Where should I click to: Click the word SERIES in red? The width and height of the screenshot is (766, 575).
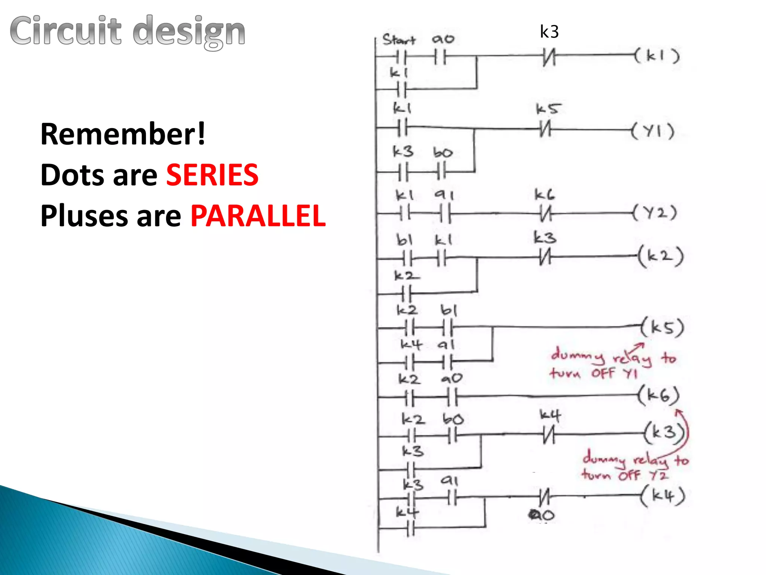click(212, 175)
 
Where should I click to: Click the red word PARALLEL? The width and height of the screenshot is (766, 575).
click(258, 216)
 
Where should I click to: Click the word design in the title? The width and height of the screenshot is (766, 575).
click(189, 31)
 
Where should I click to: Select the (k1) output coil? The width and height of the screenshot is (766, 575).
click(657, 56)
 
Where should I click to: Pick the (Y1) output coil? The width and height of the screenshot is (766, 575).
click(653, 131)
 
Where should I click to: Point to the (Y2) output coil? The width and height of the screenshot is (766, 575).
click(655, 213)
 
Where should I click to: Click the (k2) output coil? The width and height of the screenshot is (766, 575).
click(661, 256)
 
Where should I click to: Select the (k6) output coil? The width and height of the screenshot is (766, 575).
click(659, 395)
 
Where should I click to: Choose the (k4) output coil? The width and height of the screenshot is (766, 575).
click(663, 496)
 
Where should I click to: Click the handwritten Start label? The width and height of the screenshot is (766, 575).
click(399, 40)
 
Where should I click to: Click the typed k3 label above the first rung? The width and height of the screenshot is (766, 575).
click(549, 32)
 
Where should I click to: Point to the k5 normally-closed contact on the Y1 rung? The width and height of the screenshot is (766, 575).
click(545, 130)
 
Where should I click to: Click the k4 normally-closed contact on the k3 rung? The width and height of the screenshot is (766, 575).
click(549, 434)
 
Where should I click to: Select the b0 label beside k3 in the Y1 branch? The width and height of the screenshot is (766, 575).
click(443, 153)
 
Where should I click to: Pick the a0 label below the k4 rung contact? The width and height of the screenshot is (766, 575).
click(542, 515)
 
